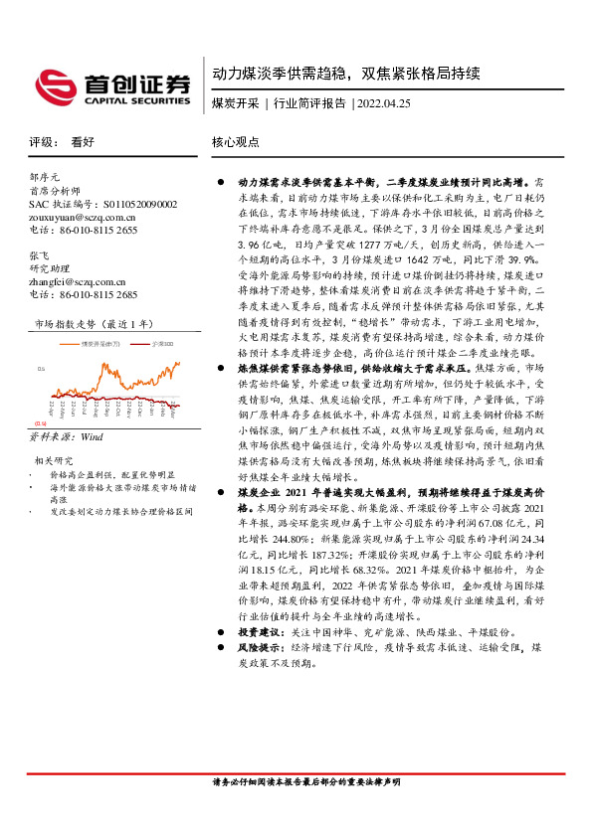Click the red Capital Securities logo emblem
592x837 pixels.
pyautogui.click(x=51, y=84)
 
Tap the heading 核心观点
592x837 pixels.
pyautogui.click(x=231, y=143)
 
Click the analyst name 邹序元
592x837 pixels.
pyautogui.click(x=45, y=177)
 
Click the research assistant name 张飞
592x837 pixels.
pyautogui.click(x=39, y=253)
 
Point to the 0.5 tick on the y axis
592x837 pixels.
pyautogui.click(x=40, y=367)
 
